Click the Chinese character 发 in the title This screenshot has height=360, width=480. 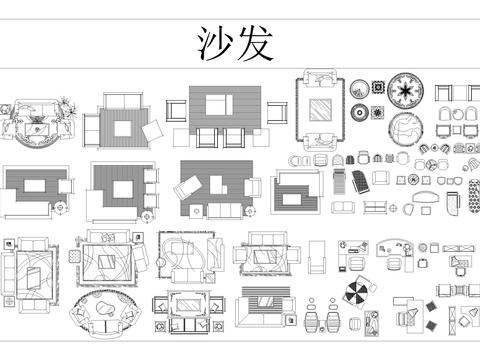click(253, 44)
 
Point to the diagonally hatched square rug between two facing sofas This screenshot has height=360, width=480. click(322, 112)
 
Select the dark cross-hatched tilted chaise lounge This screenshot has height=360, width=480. click(341, 181)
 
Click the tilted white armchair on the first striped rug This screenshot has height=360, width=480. click(156, 132)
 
